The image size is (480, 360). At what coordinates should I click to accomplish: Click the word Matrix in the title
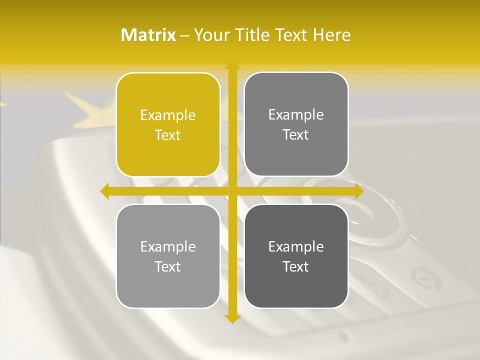click(x=148, y=35)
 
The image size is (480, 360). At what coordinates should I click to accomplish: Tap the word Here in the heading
click(x=332, y=35)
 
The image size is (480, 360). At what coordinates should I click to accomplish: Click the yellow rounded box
click(x=168, y=125)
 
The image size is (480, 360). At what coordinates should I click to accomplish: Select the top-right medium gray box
click(x=296, y=124)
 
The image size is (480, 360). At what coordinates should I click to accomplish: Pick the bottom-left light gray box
click(x=168, y=256)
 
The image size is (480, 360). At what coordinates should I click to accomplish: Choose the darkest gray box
click(x=296, y=256)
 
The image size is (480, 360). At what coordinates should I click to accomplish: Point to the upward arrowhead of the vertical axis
click(x=232, y=65)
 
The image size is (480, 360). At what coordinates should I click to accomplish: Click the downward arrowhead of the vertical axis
click(x=232, y=318)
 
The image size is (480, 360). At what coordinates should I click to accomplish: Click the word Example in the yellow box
click(x=168, y=115)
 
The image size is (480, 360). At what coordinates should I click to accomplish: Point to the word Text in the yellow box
click(x=168, y=135)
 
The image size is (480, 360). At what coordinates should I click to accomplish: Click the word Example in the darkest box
click(x=296, y=246)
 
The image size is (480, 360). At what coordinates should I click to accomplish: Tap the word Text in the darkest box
click(x=296, y=266)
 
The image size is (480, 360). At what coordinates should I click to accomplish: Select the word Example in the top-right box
click(x=296, y=115)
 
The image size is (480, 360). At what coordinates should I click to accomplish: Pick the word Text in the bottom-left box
click(x=168, y=266)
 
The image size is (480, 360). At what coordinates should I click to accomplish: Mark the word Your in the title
click(x=209, y=35)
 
